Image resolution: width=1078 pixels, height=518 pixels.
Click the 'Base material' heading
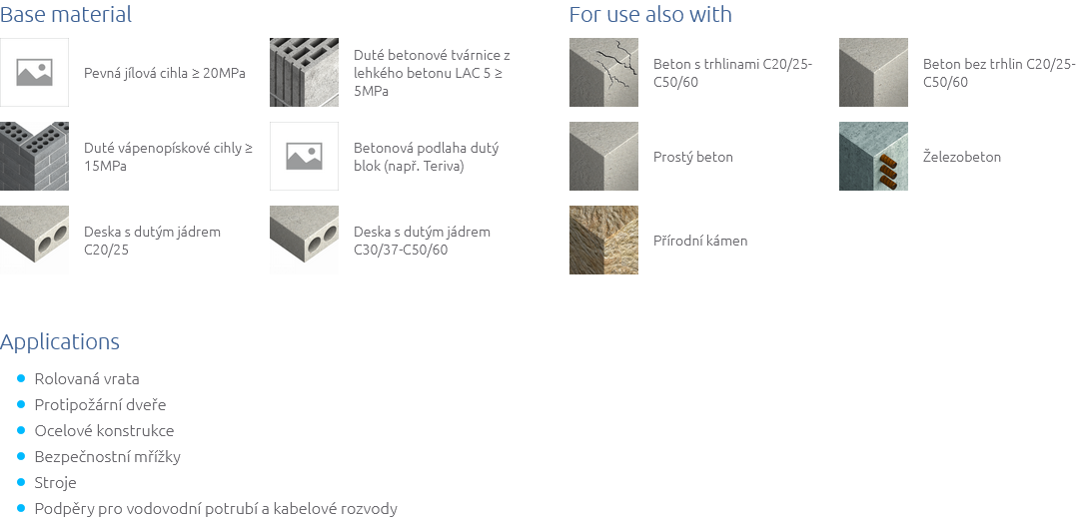pyautogui.click(x=66, y=15)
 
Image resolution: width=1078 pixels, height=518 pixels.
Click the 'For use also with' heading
pyautogui.click(x=649, y=15)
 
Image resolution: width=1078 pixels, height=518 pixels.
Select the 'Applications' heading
pyautogui.click(x=60, y=342)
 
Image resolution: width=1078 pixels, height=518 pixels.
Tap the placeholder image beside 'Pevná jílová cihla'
pyautogui.click(x=34, y=72)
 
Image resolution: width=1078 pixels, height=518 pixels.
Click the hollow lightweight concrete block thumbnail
pyautogui.click(x=304, y=72)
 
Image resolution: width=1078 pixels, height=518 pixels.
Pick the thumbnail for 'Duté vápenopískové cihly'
pyautogui.click(x=34, y=156)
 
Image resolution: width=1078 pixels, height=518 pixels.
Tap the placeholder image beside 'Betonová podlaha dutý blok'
pyautogui.click(x=304, y=156)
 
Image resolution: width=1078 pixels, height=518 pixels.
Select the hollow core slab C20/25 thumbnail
pyautogui.click(x=34, y=240)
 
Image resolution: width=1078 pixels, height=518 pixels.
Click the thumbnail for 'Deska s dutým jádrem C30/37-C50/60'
pyautogui.click(x=304, y=240)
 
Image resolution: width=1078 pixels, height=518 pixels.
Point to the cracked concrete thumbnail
pyautogui.click(x=603, y=72)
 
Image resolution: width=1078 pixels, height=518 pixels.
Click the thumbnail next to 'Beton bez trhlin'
pyautogui.click(x=873, y=72)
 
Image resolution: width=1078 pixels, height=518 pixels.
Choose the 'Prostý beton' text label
pyautogui.click(x=693, y=157)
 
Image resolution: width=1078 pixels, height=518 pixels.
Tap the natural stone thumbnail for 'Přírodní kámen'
pyautogui.click(x=603, y=240)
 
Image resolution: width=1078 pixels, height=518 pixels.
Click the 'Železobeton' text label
pyautogui.click(x=961, y=157)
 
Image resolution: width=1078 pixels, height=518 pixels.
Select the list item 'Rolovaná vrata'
pyautogui.click(x=87, y=379)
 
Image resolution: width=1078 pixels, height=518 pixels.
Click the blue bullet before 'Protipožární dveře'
pyautogui.click(x=22, y=405)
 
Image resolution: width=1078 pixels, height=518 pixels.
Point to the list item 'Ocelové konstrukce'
pyautogui.click(x=104, y=431)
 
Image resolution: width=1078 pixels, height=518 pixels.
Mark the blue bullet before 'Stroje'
pyautogui.click(x=22, y=483)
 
